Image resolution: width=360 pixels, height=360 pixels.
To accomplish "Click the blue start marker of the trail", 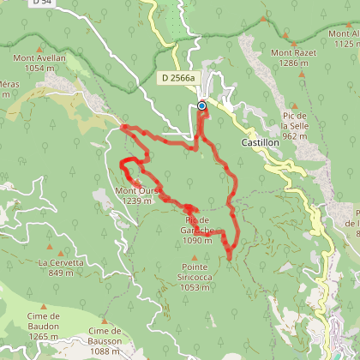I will pos(202,106).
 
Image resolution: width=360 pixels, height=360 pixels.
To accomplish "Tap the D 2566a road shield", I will pos(177,78).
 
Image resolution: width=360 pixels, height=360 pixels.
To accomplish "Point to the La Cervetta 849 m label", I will pos(61,267).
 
